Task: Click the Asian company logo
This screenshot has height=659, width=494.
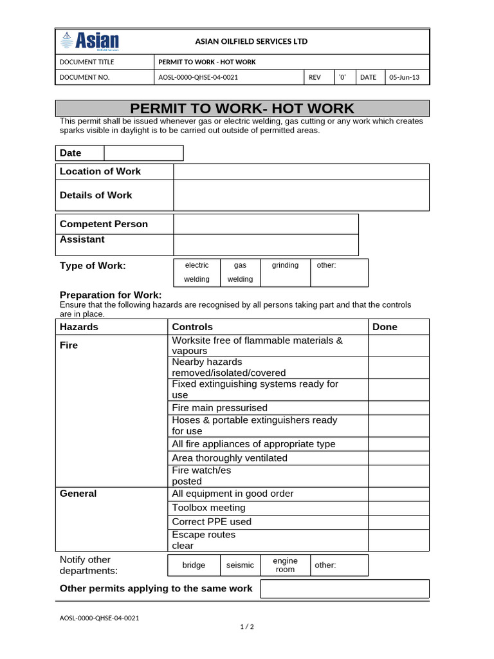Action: pyautogui.click(x=90, y=41)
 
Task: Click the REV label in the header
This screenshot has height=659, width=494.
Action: pyautogui.click(x=315, y=77)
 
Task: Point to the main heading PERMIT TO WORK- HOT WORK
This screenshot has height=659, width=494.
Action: pyautogui.click(x=242, y=109)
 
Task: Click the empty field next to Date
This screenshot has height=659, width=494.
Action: pyautogui.click(x=143, y=153)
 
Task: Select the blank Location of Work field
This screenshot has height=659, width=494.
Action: pyautogui.click(x=300, y=172)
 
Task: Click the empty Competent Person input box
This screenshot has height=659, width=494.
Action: pyautogui.click(x=265, y=224)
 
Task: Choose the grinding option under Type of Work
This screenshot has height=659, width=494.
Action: pyautogui.click(x=285, y=265)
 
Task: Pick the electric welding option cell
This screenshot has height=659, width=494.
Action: pyautogui.click(x=197, y=272)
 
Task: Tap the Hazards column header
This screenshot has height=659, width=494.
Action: pyautogui.click(x=79, y=327)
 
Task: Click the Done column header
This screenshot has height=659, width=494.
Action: pyautogui.click(x=385, y=327)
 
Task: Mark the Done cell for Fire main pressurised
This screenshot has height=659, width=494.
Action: pyautogui.click(x=398, y=408)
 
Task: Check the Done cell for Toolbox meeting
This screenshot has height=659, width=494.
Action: pyautogui.click(x=398, y=508)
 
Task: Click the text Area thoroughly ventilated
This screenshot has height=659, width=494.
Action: pyautogui.click(x=230, y=458)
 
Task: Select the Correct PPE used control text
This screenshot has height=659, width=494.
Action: pyautogui.click(x=212, y=522)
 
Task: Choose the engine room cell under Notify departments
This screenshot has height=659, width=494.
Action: pyautogui.click(x=285, y=565)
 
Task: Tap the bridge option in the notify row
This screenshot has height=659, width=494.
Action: pyautogui.click(x=194, y=565)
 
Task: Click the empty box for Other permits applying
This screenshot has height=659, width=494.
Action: pyautogui.click(x=344, y=589)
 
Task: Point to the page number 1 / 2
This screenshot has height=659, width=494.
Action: pyautogui.click(x=247, y=627)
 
